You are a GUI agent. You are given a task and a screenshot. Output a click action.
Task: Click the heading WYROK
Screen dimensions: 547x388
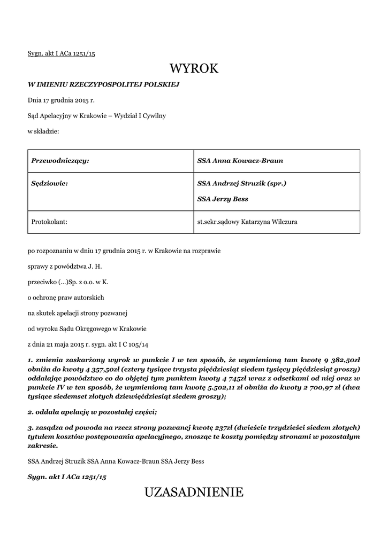194,68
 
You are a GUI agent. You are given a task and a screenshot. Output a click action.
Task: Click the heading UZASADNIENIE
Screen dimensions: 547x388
194,492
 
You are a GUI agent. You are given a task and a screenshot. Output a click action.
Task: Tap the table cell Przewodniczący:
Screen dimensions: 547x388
60,161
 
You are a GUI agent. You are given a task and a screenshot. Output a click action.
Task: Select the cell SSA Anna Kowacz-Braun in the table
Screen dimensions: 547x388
240,161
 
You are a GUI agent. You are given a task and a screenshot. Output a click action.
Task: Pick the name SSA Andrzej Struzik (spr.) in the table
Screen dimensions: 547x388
242,183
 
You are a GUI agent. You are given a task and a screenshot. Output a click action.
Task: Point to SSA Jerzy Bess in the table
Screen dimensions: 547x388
223,199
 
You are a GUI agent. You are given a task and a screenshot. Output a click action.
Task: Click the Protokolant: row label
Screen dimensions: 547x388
49,221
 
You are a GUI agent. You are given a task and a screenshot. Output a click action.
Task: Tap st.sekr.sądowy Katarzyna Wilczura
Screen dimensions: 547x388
248,221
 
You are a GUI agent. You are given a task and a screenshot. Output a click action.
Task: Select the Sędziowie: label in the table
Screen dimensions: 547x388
50,183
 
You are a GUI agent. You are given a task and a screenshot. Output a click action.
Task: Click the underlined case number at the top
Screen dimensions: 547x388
61,53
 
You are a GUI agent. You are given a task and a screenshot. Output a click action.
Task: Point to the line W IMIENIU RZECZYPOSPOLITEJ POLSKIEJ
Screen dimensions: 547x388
103,84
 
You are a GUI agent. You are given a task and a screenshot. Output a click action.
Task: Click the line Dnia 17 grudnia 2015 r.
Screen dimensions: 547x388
61,100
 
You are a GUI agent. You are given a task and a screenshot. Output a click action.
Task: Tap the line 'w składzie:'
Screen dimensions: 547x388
43,131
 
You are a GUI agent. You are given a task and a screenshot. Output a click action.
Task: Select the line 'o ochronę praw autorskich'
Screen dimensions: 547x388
66,297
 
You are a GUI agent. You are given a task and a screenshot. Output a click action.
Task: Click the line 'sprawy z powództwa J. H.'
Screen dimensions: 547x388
61,265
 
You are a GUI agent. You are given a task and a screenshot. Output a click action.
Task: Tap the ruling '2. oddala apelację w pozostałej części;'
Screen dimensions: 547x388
92,412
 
